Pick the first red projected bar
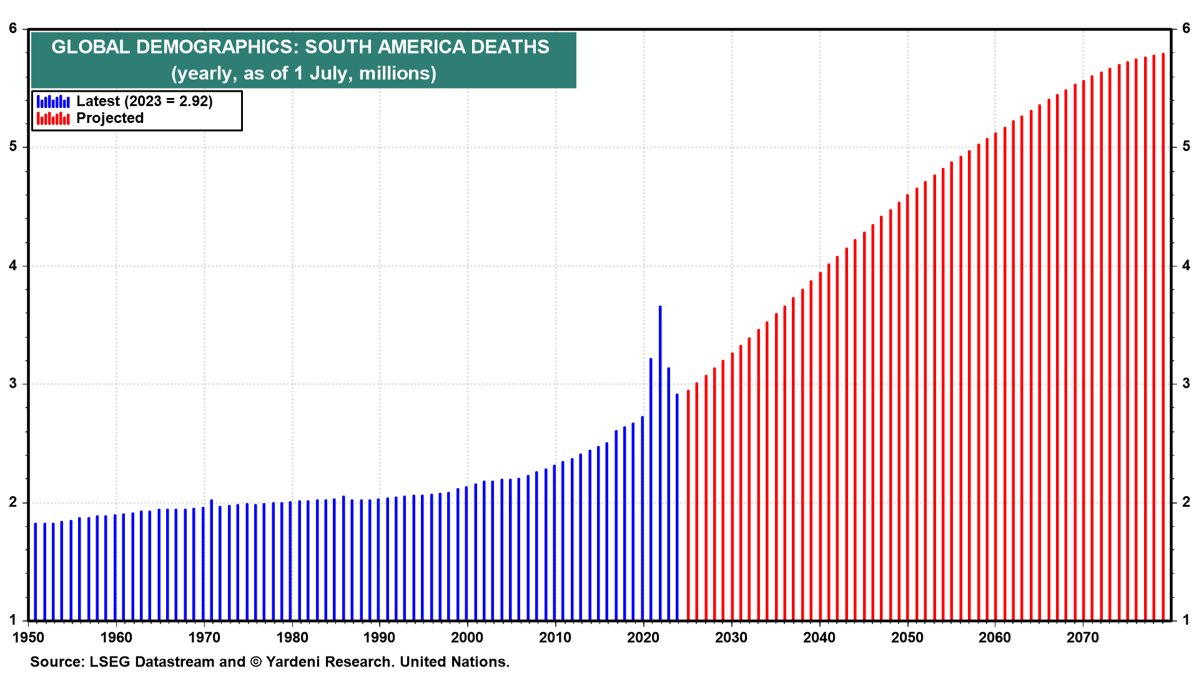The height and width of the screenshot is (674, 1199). click(x=688, y=506)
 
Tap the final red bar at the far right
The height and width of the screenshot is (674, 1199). click(x=1163, y=337)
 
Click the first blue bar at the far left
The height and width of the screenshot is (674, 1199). click(x=36, y=571)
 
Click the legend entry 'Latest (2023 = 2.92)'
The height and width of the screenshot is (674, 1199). click(x=144, y=101)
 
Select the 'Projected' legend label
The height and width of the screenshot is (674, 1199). click(x=110, y=119)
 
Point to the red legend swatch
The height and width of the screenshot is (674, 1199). click(x=53, y=119)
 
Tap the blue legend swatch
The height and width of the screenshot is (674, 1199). click(x=53, y=101)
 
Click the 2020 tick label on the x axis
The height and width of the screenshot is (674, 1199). click(x=643, y=637)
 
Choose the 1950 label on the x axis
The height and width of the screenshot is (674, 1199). click(x=28, y=637)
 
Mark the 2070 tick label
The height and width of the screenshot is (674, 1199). click(x=1082, y=637)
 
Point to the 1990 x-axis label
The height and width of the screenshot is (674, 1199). click(x=379, y=637)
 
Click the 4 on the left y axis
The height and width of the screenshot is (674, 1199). click(x=13, y=266)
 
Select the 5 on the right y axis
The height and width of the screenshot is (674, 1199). click(x=1186, y=147)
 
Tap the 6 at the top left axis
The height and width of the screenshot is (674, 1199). click(x=13, y=28)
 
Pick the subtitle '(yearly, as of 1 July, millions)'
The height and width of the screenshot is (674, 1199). click(x=303, y=73)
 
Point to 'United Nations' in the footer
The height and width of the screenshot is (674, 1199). click(x=454, y=662)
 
